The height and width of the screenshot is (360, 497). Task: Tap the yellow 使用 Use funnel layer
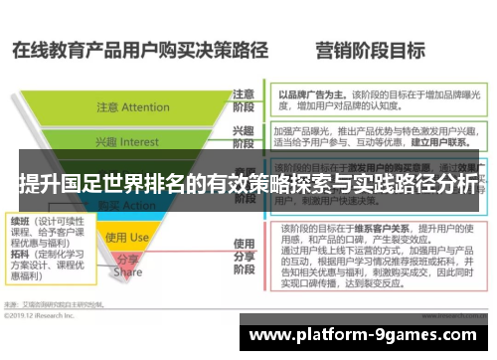[x=126, y=238]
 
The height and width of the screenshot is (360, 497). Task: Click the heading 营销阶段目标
[x=370, y=49]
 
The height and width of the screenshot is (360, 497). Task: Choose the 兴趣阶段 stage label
[x=242, y=137]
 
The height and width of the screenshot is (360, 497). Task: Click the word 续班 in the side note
[x=19, y=220]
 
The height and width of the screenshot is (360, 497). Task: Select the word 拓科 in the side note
[x=19, y=255]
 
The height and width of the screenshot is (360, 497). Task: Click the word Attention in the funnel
[x=146, y=107]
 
